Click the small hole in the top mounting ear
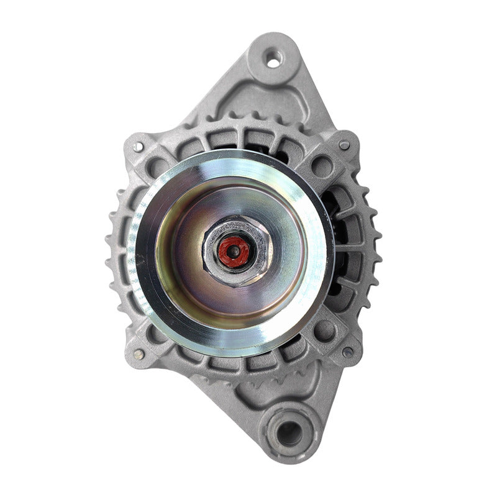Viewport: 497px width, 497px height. coord(273,60)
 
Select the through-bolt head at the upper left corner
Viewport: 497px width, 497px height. coord(138,147)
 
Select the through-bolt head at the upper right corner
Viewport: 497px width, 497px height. coord(344,145)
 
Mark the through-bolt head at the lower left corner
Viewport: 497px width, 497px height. coord(139,353)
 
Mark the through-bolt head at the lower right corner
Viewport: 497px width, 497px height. coord(347,352)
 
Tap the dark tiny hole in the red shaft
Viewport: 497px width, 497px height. coord(234,252)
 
